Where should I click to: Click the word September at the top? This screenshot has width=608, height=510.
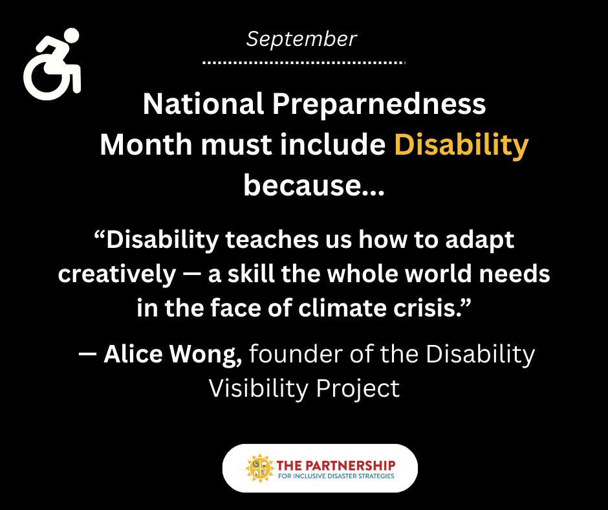click(301, 39)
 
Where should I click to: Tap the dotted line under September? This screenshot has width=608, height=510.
click(303, 63)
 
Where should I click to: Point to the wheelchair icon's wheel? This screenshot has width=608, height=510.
click(47, 77)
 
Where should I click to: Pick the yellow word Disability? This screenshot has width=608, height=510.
click(461, 146)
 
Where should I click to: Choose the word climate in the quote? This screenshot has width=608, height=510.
click(350, 307)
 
